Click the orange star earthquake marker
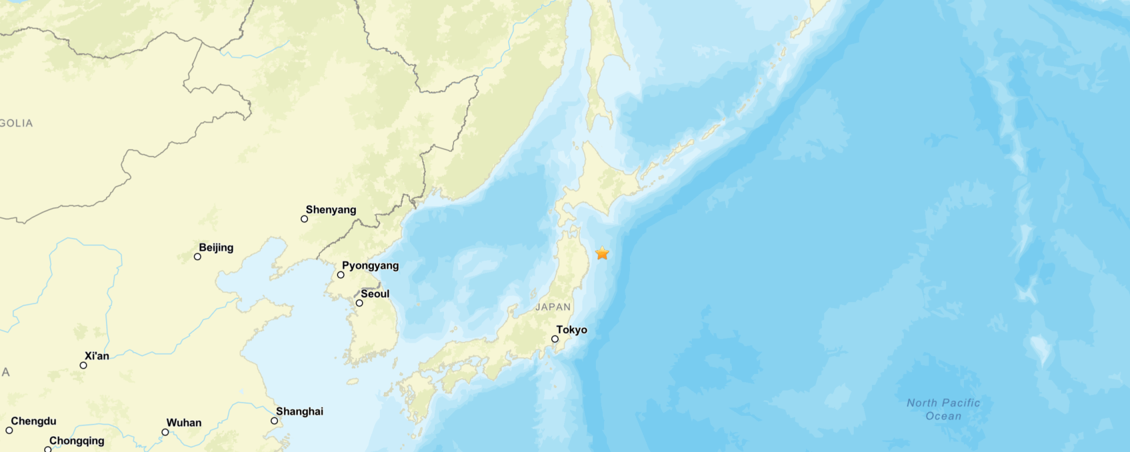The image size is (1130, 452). tap(602, 253)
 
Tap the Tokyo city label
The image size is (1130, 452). tap(572, 330)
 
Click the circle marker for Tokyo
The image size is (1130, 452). tap(555, 339)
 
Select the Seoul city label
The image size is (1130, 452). tap(375, 294)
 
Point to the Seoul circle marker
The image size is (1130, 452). tap(359, 303)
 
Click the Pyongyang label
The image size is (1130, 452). tap(370, 265)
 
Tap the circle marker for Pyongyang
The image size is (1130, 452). tap(340, 275)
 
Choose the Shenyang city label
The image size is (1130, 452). tap(331, 210)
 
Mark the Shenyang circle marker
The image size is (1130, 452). tap(304, 219)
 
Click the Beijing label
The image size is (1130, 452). tap(216, 247)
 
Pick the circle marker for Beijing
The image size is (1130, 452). tap(197, 257)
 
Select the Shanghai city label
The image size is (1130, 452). tap(300, 411)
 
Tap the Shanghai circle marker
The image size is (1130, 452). tap(274, 421)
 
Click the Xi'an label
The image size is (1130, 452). tap(97, 356)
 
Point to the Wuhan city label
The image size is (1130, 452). tap(184, 423)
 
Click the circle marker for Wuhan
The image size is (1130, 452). tap(165, 432)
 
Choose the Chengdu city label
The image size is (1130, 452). tap(34, 421)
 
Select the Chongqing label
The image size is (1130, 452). tap(77, 440)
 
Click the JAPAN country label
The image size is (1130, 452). tap(553, 307)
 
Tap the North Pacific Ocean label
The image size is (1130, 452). tap(943, 409)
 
